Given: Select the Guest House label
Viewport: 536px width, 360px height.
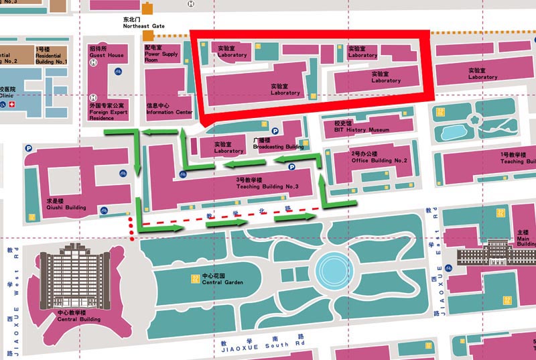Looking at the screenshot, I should [x=107, y=52].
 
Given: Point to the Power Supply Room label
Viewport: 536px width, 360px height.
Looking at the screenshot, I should [x=161, y=54].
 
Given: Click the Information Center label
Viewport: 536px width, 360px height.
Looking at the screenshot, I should [x=170, y=109].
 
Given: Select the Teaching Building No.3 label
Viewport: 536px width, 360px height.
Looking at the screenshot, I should [x=266, y=184].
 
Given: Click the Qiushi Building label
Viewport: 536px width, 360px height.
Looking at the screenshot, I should [x=66, y=204].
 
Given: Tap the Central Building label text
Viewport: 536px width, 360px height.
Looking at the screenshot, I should [x=78, y=316].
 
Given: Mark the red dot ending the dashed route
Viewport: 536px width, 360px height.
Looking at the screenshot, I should [x=133, y=238].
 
